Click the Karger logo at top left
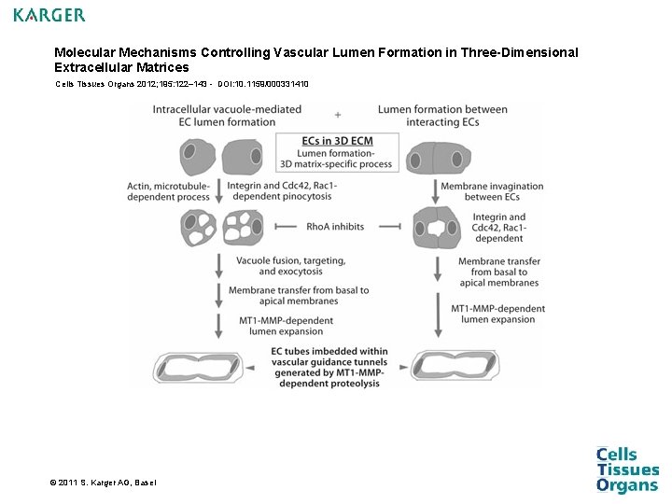(49, 15)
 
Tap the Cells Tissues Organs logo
(627, 469)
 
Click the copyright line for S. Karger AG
(104, 482)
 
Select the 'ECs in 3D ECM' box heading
(337, 141)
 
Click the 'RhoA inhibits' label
(335, 227)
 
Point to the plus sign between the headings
(336, 115)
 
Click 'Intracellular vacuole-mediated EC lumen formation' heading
(227, 115)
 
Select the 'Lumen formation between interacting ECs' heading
(442, 115)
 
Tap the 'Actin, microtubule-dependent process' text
(168, 191)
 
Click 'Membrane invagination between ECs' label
(492, 191)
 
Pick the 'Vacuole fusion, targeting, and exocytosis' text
(290, 265)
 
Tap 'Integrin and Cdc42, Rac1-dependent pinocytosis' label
(281, 191)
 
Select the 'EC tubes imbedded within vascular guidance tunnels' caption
(326, 367)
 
